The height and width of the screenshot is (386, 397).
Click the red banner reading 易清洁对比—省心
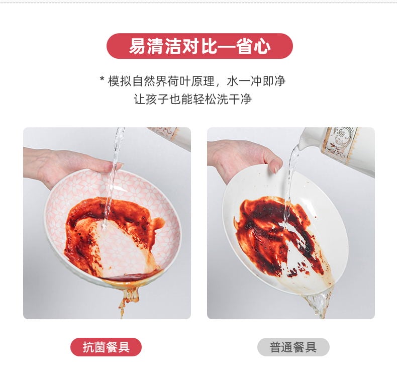point(199,46)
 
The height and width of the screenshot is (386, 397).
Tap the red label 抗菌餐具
point(106,347)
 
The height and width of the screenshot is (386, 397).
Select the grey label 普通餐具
point(293,347)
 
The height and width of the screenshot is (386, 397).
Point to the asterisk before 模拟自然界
point(102,80)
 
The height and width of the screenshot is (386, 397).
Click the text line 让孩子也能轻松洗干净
point(192,99)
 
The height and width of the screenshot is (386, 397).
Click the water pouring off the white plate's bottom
point(317,302)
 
